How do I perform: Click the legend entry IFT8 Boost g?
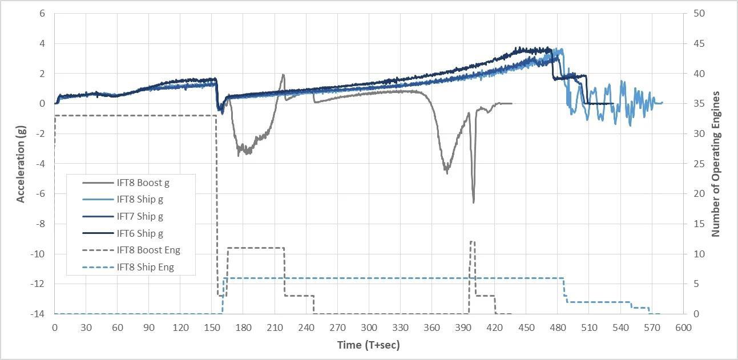tap(143, 183)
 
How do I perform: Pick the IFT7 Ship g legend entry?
tap(140, 216)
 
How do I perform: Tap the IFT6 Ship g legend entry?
tap(140, 233)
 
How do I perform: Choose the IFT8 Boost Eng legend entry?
tap(148, 250)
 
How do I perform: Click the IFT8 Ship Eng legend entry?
tap(145, 267)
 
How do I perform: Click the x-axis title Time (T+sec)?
tap(368, 345)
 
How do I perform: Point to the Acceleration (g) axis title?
tap(21, 164)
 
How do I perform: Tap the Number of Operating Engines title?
tap(716, 164)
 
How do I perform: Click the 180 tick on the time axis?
tap(243, 327)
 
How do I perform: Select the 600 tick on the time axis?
tap(683, 327)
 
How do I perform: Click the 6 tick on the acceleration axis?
tap(42, 13)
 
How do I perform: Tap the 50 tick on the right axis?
tap(699, 13)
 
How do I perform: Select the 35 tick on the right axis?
tap(699, 103)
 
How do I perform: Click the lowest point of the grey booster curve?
tap(473, 203)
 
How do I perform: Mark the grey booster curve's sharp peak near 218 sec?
tap(283, 74)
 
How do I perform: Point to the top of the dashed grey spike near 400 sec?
tap(472, 241)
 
